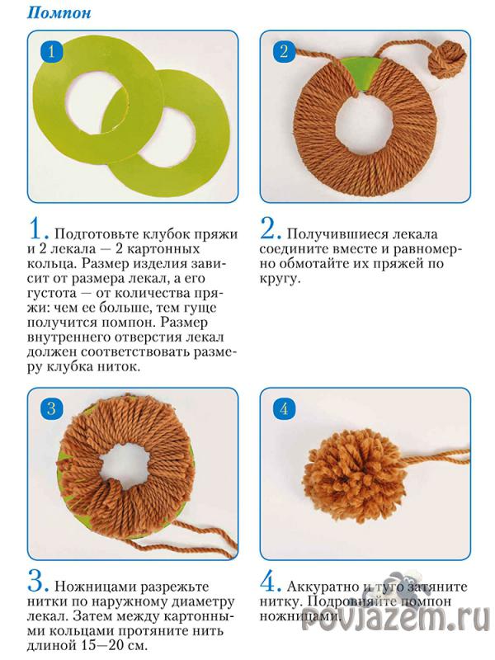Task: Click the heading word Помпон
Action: point(59,12)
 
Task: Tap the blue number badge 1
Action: point(51,52)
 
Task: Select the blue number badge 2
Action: point(284,51)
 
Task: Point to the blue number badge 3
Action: point(51,408)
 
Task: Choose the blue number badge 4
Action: point(284,408)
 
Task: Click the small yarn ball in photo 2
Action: point(447,58)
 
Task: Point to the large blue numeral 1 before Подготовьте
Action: point(38,229)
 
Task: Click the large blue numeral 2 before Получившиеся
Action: point(271,229)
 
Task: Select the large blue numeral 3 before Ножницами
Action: point(38,582)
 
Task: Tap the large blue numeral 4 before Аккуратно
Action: point(271,582)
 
